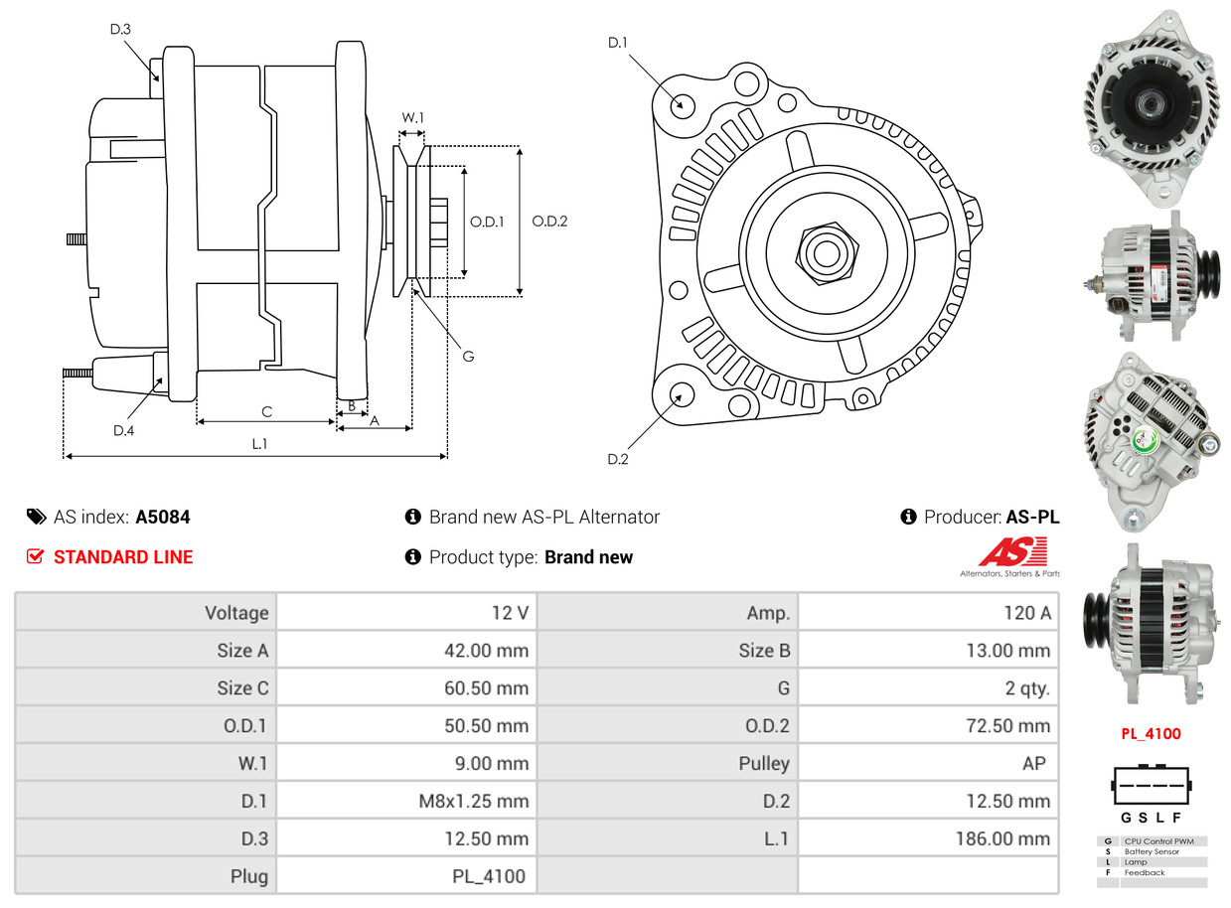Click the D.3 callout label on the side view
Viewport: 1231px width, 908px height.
pos(120,30)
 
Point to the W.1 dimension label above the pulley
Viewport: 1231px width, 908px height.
pos(412,118)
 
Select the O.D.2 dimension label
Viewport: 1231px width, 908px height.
pos(549,222)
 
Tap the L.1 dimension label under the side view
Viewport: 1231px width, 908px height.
pos(259,444)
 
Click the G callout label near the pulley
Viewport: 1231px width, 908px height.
pos(469,356)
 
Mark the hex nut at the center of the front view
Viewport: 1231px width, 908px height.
pos(825,252)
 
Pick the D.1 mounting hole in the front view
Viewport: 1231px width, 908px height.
pos(682,104)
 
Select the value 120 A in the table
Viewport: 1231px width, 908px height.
pos(1026,613)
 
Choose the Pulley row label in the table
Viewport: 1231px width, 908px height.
pos(764,764)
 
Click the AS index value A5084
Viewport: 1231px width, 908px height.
pos(163,518)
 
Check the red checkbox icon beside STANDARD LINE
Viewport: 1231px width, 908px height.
pos(36,557)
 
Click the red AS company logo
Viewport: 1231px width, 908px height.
pos(1011,552)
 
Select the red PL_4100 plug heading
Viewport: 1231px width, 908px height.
pos(1151,734)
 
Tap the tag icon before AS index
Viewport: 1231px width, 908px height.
pos(36,517)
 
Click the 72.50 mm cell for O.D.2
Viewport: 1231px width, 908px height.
pos(1007,726)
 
